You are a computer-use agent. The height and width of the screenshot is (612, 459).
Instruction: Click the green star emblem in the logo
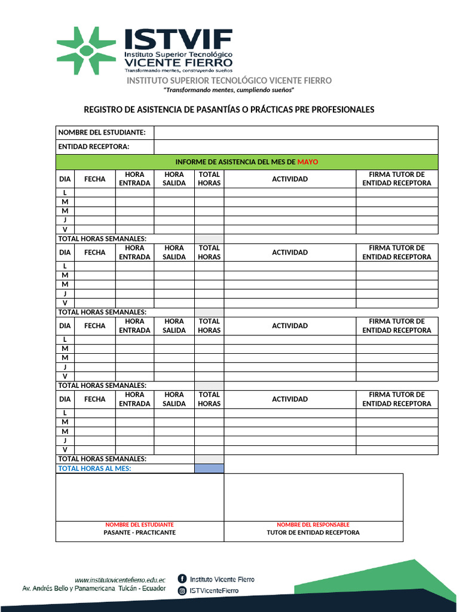(86, 51)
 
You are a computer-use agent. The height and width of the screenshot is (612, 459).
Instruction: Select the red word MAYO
(308, 162)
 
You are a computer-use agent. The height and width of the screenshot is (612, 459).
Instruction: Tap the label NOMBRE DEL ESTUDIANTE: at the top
(102, 132)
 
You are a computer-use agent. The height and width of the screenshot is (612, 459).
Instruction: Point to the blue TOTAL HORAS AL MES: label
(94, 469)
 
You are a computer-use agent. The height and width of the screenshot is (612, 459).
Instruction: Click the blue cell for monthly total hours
(209, 469)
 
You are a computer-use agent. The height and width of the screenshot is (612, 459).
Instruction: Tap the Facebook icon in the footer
(182, 579)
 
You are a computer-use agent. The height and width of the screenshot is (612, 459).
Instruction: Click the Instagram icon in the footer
(182, 590)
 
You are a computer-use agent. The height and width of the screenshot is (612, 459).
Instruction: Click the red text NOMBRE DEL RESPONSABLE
(313, 524)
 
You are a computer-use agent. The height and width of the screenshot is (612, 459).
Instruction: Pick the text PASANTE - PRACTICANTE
(139, 532)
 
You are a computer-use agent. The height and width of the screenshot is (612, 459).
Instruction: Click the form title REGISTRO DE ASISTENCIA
(229, 109)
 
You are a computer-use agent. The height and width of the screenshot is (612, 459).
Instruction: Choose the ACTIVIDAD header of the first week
(290, 179)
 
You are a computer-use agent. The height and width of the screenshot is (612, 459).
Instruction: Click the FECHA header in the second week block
(94, 252)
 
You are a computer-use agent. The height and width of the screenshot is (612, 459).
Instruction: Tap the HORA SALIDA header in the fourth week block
(174, 399)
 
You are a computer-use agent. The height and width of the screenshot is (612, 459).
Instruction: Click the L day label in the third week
(65, 339)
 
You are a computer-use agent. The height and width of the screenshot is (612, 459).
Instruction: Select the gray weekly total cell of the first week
(209, 238)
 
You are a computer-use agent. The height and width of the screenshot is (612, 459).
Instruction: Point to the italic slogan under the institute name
(229, 90)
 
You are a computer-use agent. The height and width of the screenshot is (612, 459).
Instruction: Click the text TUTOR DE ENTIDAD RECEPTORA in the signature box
(313, 532)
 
